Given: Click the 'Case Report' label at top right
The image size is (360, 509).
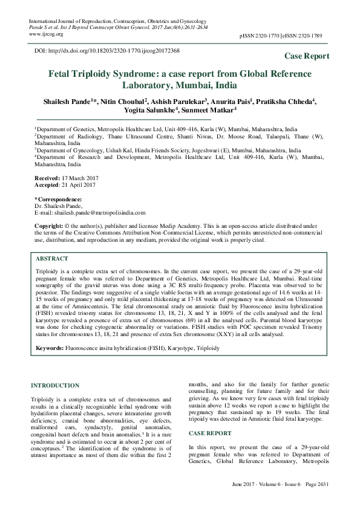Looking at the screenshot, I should tap(307, 56).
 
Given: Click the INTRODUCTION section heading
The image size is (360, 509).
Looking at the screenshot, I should tap(57, 385).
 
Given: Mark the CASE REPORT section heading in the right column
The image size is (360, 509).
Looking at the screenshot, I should tap(211, 433).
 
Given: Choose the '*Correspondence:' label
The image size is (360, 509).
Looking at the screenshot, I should tap(57, 199).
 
